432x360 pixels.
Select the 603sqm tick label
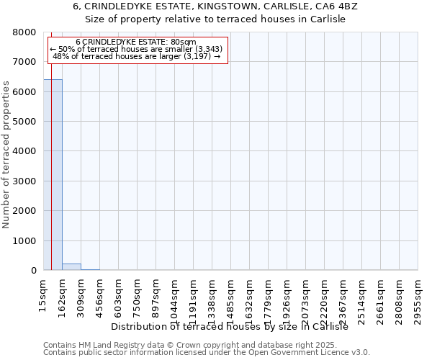click(x=118, y=294)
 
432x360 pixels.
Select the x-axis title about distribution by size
click(x=230, y=326)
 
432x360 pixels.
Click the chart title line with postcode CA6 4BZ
click(x=215, y=6)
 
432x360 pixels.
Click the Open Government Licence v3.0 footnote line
click(x=207, y=352)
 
